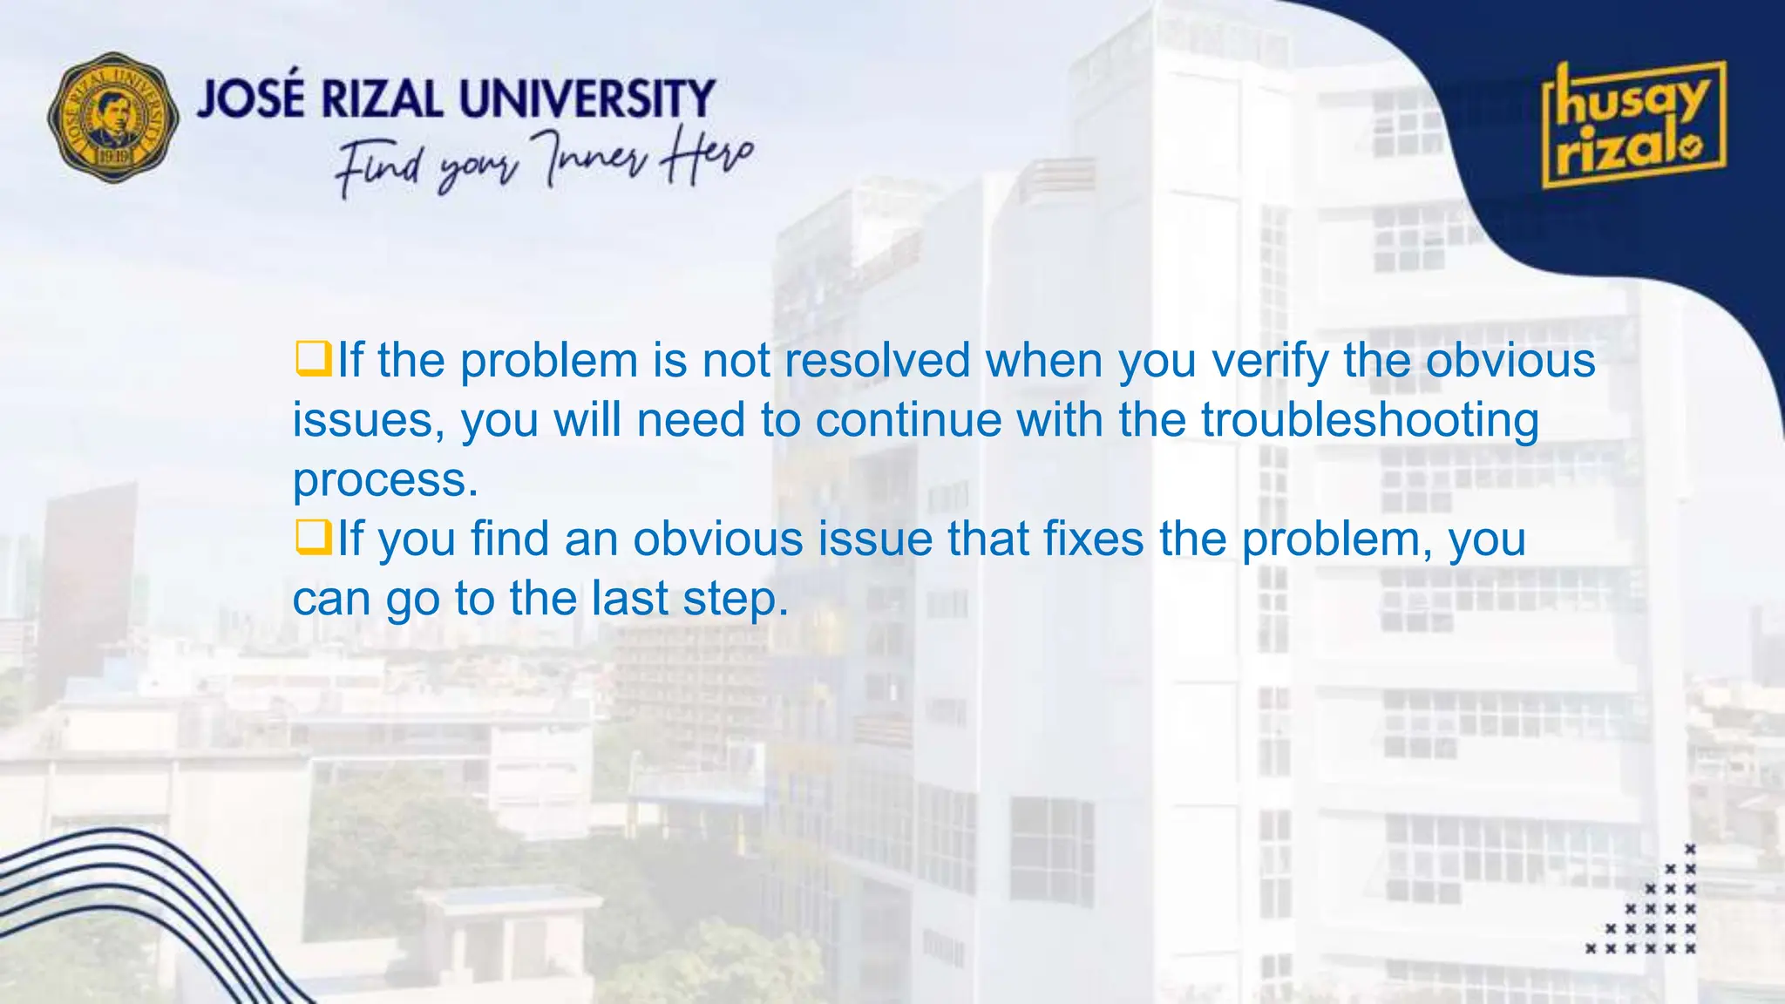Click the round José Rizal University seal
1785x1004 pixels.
[x=113, y=118]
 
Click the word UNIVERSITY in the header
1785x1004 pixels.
[x=587, y=98]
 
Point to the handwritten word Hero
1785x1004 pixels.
[x=705, y=157]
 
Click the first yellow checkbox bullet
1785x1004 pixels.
[x=313, y=358]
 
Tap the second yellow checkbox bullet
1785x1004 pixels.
[x=313, y=537]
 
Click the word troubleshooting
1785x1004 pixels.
[x=1369, y=421]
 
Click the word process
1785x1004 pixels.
[x=384, y=481]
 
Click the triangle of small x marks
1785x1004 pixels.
[x=1653, y=911]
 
